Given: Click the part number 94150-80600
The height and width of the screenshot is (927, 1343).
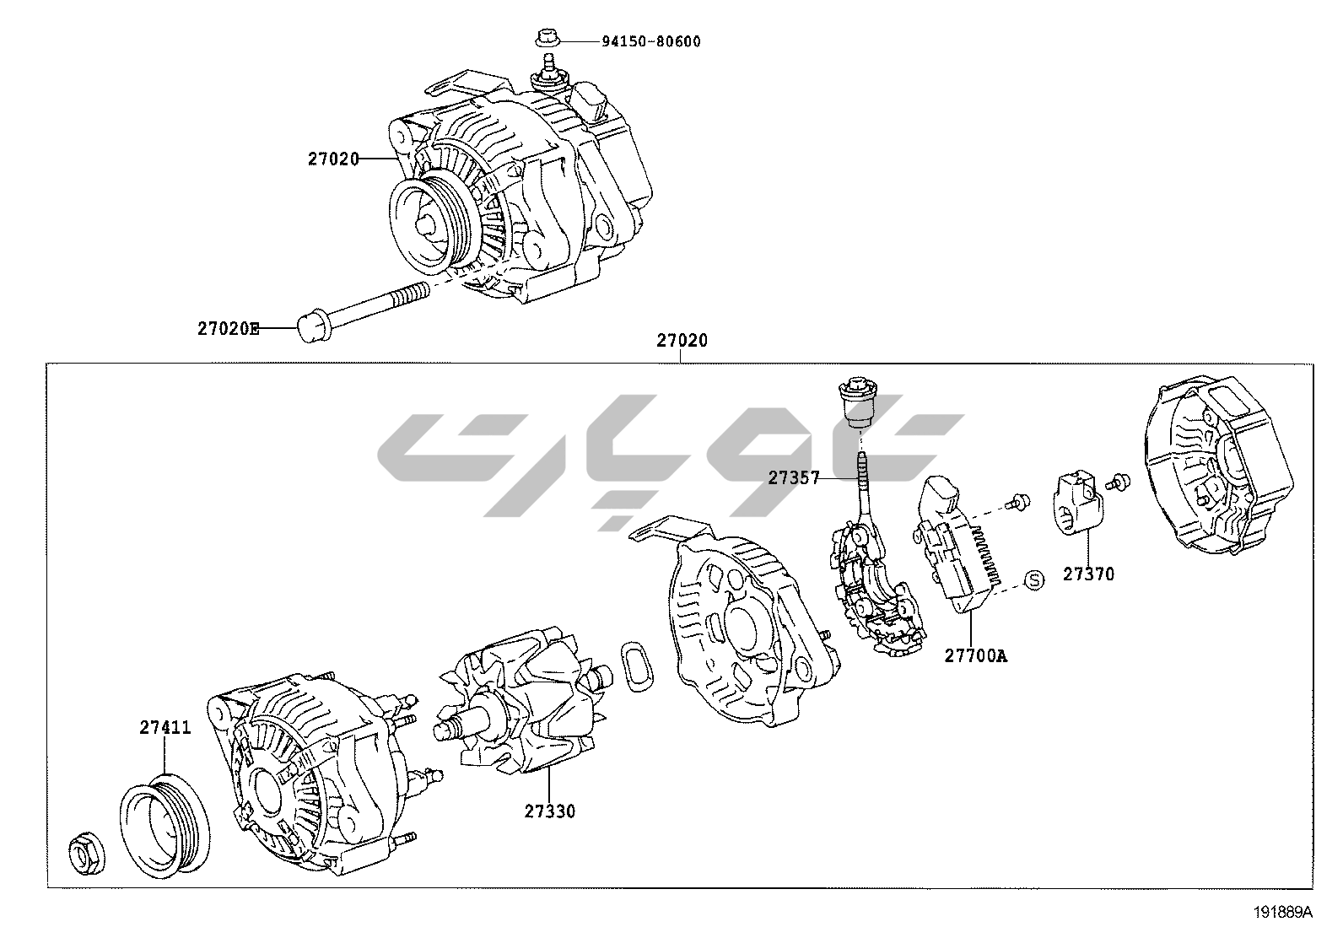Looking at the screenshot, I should (x=650, y=41).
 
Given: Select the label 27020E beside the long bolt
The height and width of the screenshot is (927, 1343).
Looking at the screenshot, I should (x=229, y=329).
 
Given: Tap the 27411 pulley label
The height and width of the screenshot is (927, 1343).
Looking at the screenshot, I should (x=165, y=728).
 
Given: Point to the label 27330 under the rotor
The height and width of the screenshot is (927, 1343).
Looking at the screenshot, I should (x=550, y=811).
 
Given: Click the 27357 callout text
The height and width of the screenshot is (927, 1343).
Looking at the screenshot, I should (x=794, y=478).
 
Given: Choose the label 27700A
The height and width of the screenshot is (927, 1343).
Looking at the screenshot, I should (x=975, y=655).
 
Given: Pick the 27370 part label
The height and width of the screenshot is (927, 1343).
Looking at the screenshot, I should (x=1088, y=574).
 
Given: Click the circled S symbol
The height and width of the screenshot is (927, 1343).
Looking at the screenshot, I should (x=1034, y=579).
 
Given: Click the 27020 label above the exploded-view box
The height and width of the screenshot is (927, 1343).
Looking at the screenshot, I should (x=682, y=341).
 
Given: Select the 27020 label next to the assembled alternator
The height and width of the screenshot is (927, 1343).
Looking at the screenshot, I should (x=333, y=159).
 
